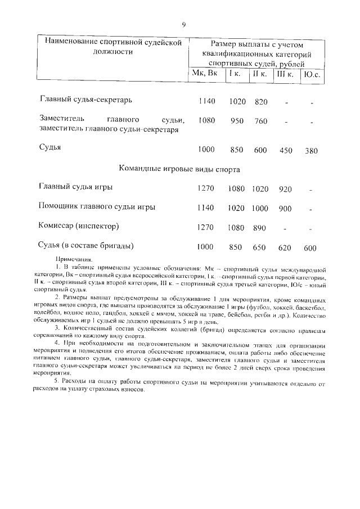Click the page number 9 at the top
pyautogui.click(x=183, y=24)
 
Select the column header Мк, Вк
pyautogui.click(x=204, y=74)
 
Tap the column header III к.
pyautogui.click(x=285, y=74)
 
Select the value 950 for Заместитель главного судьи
pyautogui.click(x=237, y=121)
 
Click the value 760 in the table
pyautogui.click(x=261, y=121)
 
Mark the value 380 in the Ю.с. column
pyautogui.click(x=311, y=150)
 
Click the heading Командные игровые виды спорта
pyautogui.click(x=180, y=169)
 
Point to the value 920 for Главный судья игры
pyautogui.click(x=285, y=189)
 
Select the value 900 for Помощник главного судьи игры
pyautogui.click(x=285, y=208)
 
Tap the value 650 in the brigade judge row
pyautogui.click(x=259, y=247)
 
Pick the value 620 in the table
pyautogui.click(x=285, y=247)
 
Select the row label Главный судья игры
pyautogui.click(x=75, y=187)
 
